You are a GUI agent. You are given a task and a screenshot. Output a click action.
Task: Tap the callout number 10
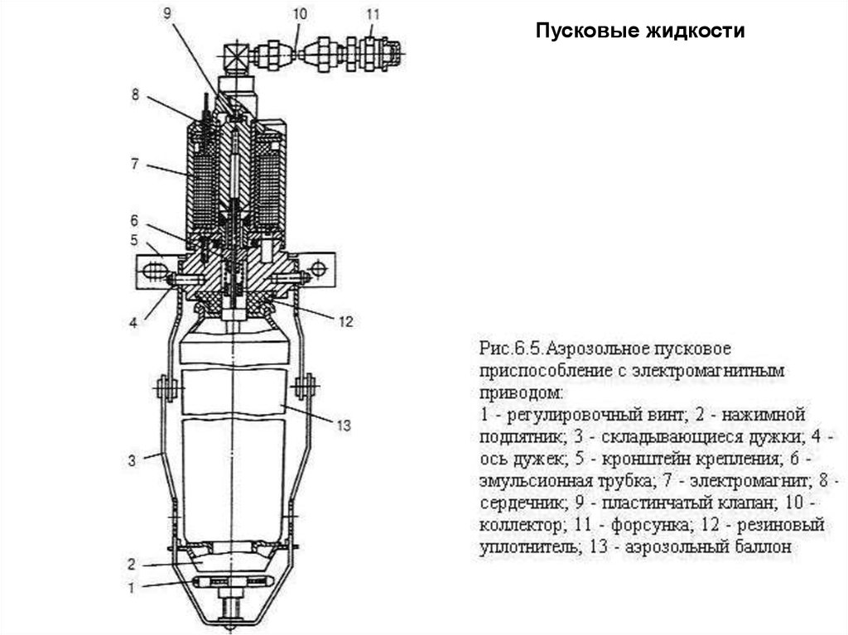coord(299,12)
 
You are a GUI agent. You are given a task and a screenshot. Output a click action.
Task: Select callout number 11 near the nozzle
coord(373,13)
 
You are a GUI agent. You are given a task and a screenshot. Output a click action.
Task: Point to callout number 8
coord(135,94)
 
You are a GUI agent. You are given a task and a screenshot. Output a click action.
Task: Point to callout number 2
coord(132,565)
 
